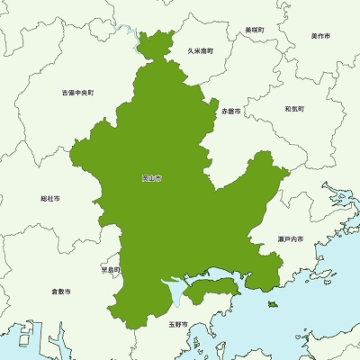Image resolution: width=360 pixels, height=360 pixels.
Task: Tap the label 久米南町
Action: (200, 51)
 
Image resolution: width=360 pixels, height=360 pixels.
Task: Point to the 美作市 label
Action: (320, 36)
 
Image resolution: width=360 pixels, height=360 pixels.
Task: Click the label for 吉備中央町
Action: (78, 92)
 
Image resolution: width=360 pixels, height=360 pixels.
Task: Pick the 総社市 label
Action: (50, 198)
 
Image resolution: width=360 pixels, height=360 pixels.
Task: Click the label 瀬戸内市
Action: (290, 238)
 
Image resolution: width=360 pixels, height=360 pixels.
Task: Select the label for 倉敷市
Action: (61, 291)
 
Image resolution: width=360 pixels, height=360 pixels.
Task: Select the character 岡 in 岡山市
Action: (145, 179)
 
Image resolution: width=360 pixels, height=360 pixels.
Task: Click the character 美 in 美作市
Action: (313, 36)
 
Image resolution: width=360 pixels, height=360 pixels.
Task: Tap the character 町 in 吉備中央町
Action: (92, 92)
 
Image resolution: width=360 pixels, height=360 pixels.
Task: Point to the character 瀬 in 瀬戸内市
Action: (280, 238)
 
